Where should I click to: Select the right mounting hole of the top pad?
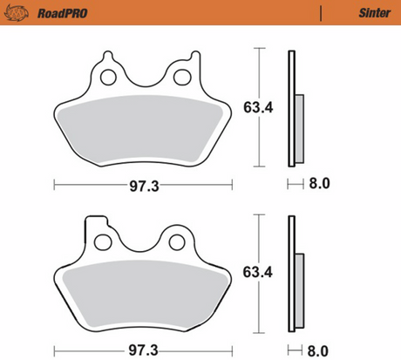tap(181, 78)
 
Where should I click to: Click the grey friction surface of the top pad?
tap(143, 126)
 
